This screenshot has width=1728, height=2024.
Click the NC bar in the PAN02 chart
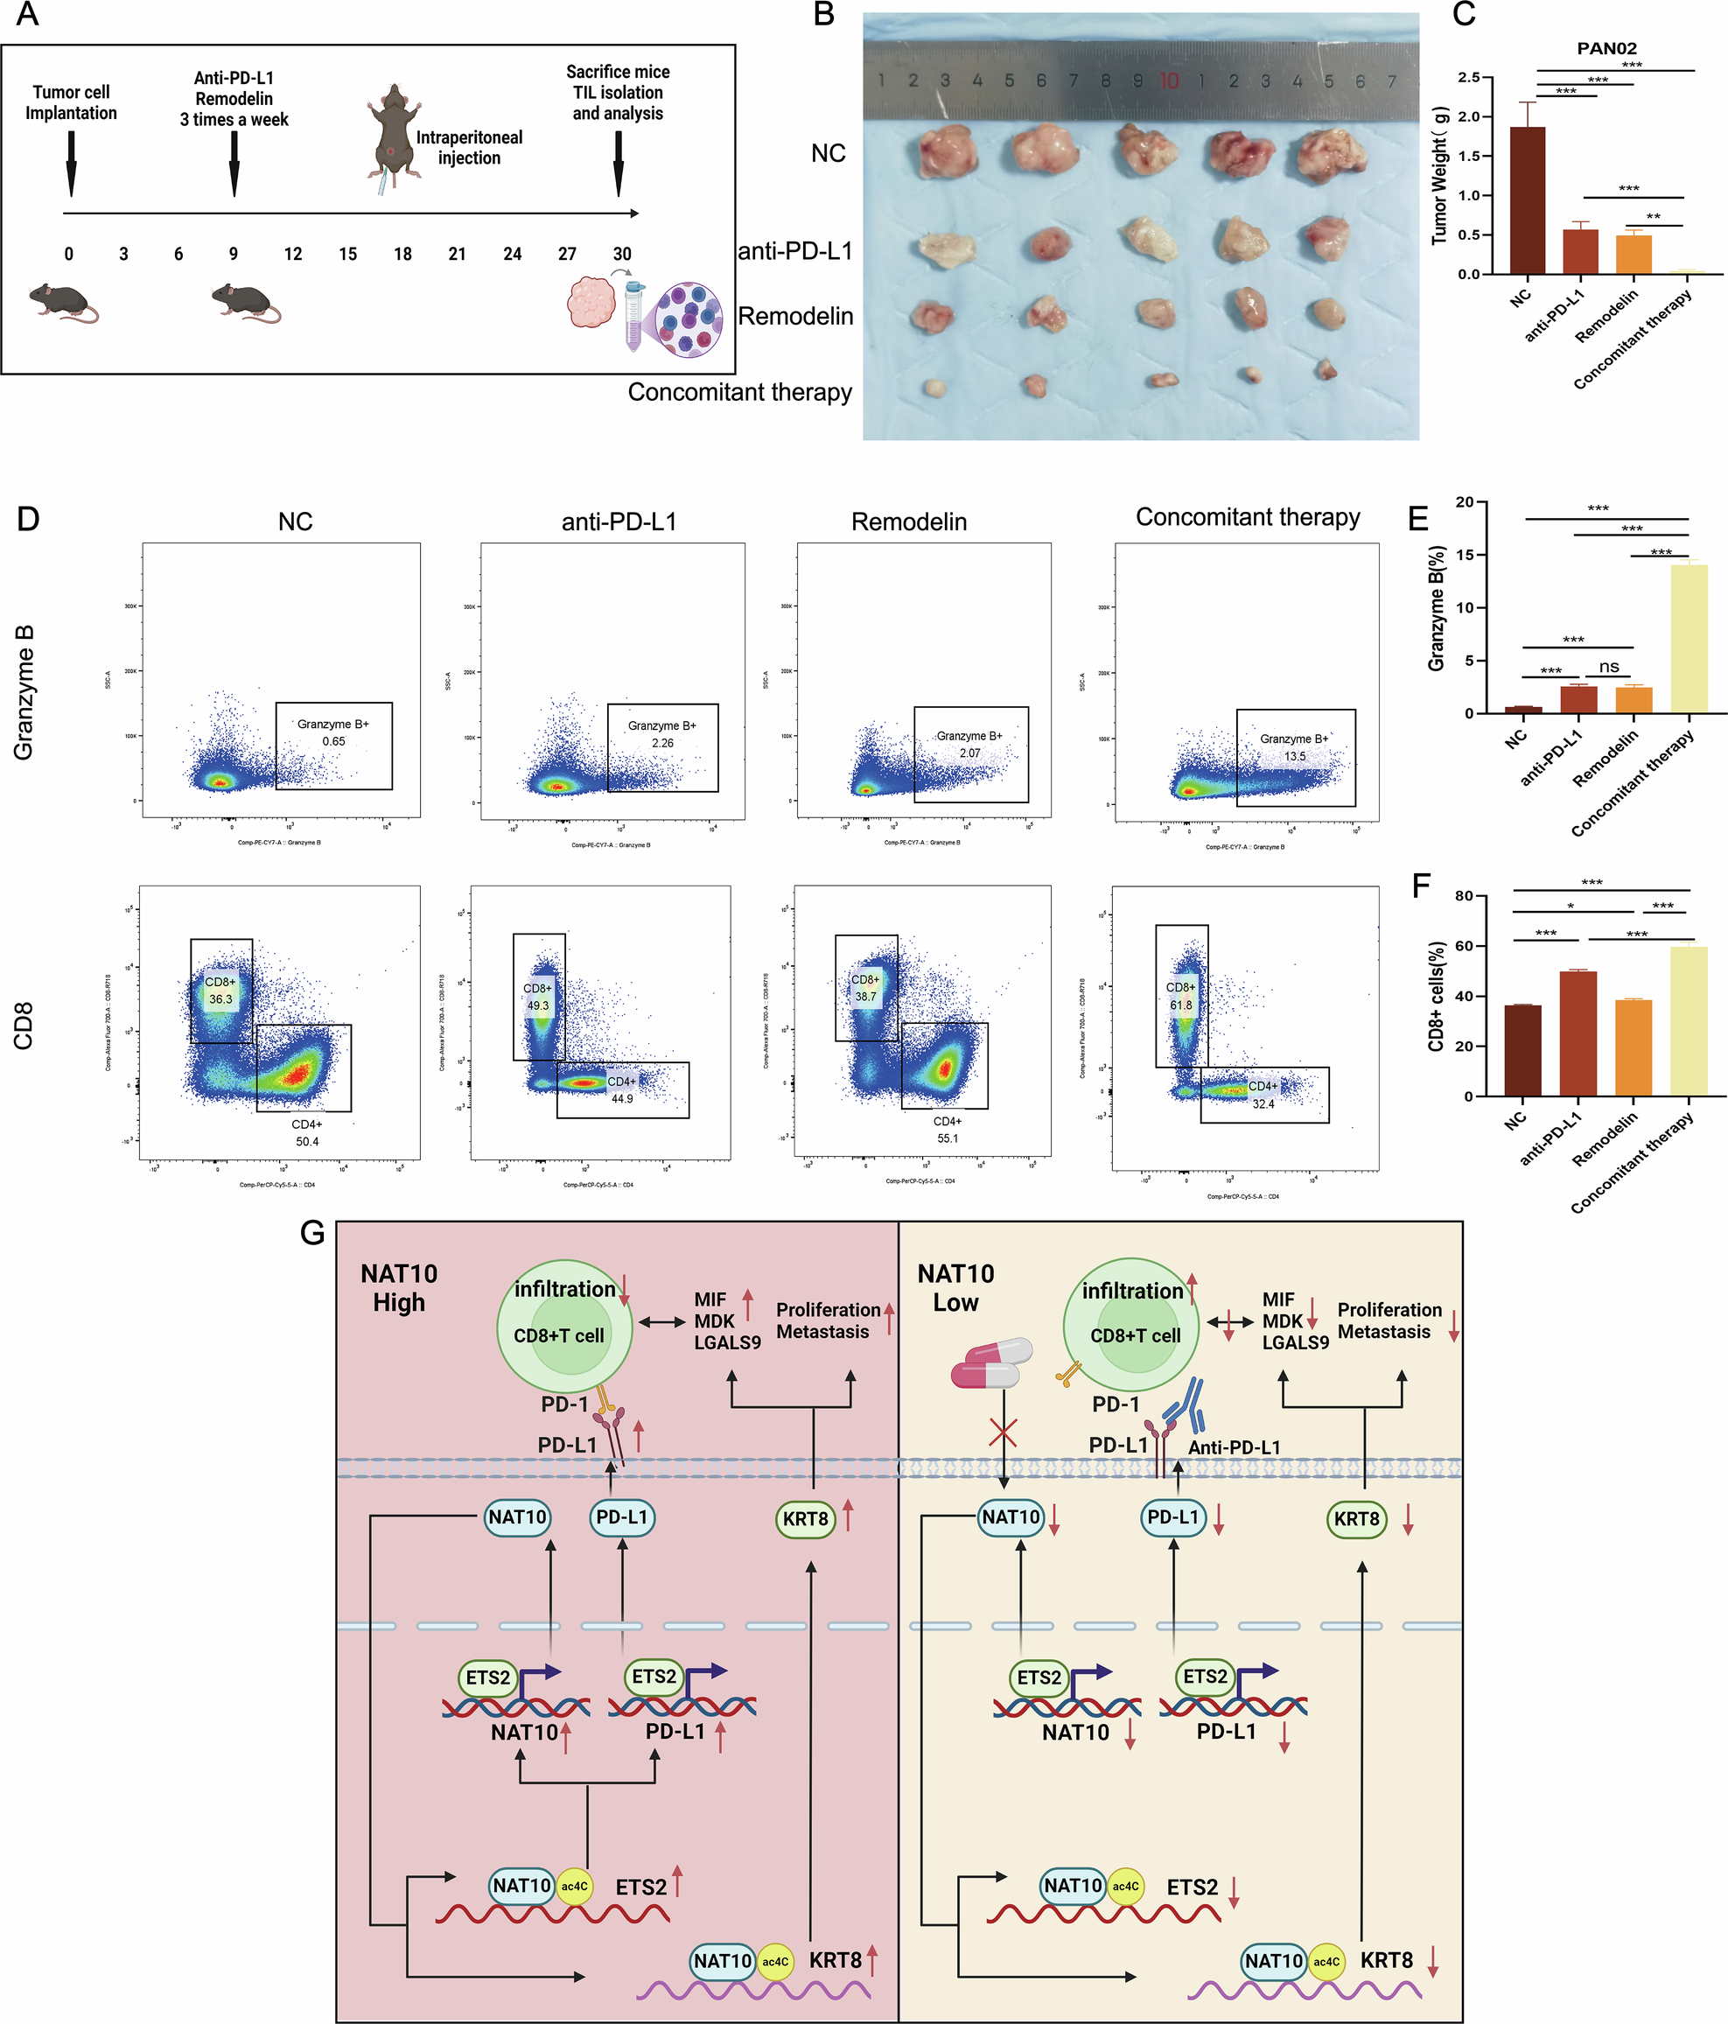(x=1527, y=200)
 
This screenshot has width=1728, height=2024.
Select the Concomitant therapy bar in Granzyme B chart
(x=1689, y=639)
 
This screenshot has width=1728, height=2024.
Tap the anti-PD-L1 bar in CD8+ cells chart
(x=1578, y=1033)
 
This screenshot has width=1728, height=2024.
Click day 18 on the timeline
(x=402, y=254)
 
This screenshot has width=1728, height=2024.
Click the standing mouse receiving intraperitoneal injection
(x=393, y=132)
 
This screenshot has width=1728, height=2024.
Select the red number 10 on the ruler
(x=1168, y=81)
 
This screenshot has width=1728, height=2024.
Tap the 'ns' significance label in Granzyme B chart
(x=1609, y=666)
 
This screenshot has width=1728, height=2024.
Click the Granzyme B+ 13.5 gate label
(x=1293, y=747)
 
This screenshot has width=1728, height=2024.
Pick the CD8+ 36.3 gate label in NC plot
(x=220, y=991)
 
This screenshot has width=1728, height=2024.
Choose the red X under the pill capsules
(x=1004, y=1433)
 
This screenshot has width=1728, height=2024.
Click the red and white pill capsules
(x=990, y=1362)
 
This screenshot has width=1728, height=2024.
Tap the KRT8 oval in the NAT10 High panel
(x=805, y=1518)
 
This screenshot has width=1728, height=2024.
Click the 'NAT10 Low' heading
(x=955, y=1287)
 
